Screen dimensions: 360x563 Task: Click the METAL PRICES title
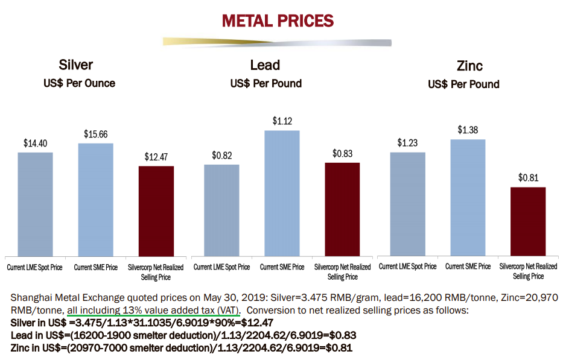point(277,21)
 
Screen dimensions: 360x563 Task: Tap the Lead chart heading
point(265,65)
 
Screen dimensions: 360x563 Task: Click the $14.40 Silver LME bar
point(35,204)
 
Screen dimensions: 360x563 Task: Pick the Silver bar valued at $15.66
point(95,199)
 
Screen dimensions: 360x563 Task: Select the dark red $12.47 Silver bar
point(156,210)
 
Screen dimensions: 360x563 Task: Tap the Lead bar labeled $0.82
point(221,210)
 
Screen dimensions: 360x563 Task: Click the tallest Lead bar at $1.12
point(282,193)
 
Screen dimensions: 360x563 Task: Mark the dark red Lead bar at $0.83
point(342,209)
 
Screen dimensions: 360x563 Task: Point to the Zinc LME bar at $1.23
point(407,204)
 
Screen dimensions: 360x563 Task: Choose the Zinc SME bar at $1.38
point(468,197)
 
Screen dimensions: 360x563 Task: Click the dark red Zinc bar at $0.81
point(528,221)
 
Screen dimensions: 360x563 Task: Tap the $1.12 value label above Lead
point(282,121)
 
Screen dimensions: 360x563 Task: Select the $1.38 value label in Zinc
point(468,130)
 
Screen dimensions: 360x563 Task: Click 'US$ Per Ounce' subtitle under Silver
point(79,83)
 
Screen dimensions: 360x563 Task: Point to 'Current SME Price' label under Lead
point(282,267)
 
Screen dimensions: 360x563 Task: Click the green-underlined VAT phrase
point(153,310)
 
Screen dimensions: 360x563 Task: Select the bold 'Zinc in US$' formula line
point(182,348)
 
